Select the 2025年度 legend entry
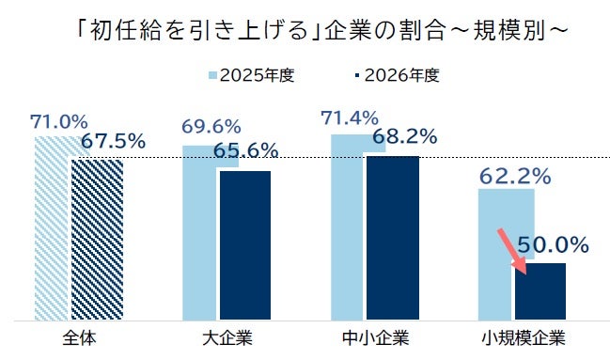(250, 75)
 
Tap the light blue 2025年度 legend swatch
(212, 75)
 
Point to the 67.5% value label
(113, 142)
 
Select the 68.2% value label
(405, 137)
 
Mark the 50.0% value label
(553, 246)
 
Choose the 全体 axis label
(78, 336)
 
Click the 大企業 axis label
(227, 336)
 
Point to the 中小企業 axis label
(375, 336)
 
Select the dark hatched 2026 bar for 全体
(98, 240)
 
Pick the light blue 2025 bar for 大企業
(199, 244)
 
